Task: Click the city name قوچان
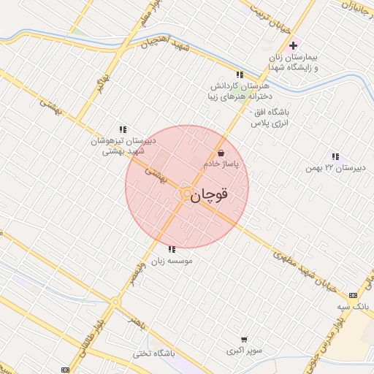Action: pos(210,196)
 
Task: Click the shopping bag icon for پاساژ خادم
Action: pos(220,153)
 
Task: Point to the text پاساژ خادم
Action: pos(229,165)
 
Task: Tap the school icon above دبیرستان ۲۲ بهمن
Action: pos(335,156)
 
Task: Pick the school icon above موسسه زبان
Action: pos(171,249)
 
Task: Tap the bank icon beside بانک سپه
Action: pos(354,295)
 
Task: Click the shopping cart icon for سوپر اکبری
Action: pos(243,339)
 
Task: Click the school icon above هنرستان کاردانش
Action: pos(239,75)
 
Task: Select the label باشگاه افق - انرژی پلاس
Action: pos(271,118)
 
